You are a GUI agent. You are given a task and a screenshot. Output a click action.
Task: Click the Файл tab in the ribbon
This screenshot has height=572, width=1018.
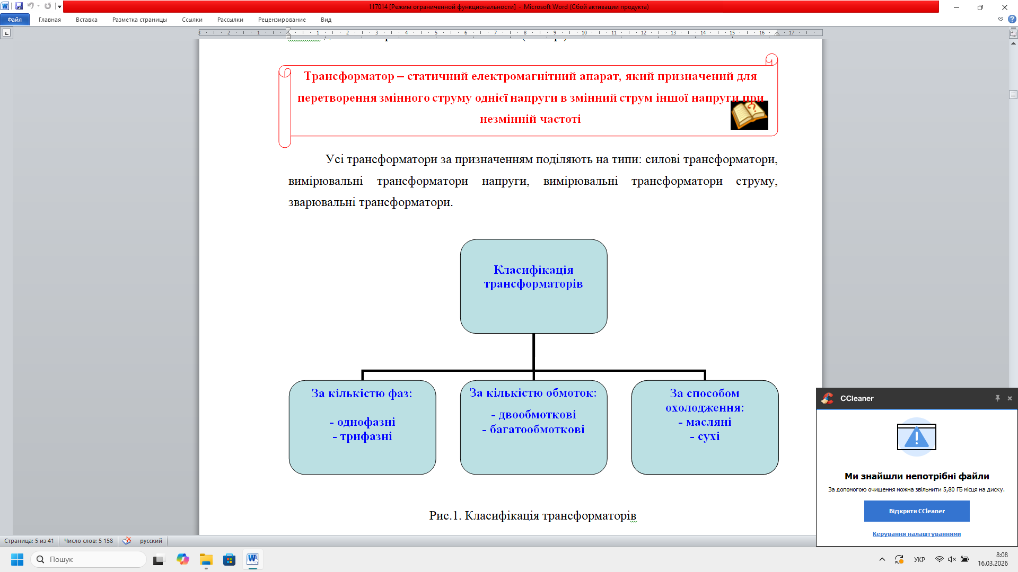click(14, 20)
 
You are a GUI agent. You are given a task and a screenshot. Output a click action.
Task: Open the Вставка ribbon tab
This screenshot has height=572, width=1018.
click(86, 20)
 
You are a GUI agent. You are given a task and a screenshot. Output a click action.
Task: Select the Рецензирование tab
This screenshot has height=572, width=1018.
click(282, 20)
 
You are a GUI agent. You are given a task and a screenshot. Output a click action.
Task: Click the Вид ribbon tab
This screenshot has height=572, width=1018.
click(326, 20)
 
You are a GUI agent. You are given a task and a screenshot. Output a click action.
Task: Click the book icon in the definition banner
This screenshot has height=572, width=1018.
click(749, 115)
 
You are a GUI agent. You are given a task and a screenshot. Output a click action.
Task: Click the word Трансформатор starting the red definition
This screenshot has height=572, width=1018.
click(349, 76)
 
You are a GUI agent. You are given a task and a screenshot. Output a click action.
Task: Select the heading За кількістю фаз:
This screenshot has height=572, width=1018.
click(362, 394)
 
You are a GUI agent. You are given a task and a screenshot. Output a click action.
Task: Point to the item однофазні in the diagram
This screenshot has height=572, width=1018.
click(366, 422)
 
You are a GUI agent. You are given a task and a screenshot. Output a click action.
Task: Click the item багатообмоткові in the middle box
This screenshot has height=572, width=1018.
click(537, 430)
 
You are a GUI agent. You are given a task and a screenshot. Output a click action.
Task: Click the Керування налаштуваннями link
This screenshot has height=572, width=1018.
click(916, 534)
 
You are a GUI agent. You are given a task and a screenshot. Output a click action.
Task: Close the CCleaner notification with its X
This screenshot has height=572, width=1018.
click(1010, 398)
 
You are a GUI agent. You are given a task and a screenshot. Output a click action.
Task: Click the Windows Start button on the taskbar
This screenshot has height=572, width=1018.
click(17, 559)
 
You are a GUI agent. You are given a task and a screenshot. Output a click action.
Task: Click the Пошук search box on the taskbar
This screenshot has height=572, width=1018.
click(88, 559)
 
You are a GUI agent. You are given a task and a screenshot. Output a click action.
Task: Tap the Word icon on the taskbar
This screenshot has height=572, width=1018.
click(252, 559)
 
